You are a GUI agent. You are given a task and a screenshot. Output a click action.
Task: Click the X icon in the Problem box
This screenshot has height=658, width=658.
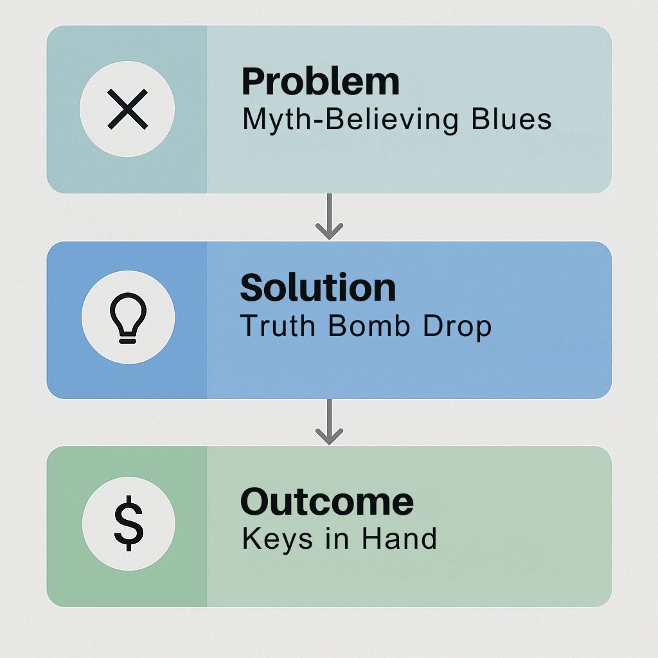coord(128,109)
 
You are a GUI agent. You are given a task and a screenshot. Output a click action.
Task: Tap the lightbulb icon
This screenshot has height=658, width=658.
coord(128,317)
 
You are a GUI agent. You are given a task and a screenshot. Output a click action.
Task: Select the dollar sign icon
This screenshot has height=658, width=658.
coord(129,523)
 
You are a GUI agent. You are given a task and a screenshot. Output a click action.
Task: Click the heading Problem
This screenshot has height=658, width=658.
coord(321,82)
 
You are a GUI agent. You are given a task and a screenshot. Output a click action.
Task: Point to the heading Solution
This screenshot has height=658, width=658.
coord(318,287)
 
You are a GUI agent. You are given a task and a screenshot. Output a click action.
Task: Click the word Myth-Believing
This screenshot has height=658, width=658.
coord(350,120)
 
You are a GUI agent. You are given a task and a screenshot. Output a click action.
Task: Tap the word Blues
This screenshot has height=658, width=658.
coord(511,119)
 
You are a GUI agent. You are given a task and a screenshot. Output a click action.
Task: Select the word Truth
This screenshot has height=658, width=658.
coord(278,326)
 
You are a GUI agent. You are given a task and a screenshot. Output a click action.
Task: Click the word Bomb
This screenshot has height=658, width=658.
coord(369,326)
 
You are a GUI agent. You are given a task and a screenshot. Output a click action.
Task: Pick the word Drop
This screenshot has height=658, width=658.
coord(457,327)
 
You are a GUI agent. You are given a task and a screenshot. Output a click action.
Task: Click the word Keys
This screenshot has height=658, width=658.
coord(278,539)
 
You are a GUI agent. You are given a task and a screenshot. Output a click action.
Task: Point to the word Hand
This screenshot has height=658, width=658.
coord(399,538)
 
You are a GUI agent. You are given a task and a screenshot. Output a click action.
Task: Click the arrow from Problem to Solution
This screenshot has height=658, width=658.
coord(330,217)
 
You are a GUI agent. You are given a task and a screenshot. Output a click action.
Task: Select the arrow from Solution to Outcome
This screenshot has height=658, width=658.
coord(330,422)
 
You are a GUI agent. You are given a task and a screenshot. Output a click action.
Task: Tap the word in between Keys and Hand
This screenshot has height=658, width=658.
coord(337,538)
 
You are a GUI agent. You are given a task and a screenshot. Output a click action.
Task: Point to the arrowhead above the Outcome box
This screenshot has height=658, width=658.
coord(330,436)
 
